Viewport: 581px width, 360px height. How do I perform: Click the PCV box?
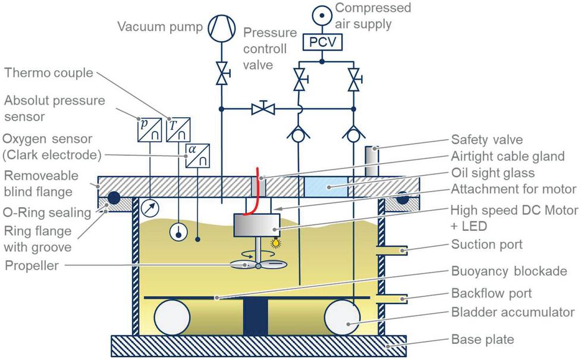pos(322,42)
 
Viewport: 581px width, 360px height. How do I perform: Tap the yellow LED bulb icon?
pos(275,243)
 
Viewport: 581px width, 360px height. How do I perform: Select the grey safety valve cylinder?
pos(372,160)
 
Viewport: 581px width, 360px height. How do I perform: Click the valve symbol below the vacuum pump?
pos(222,76)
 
